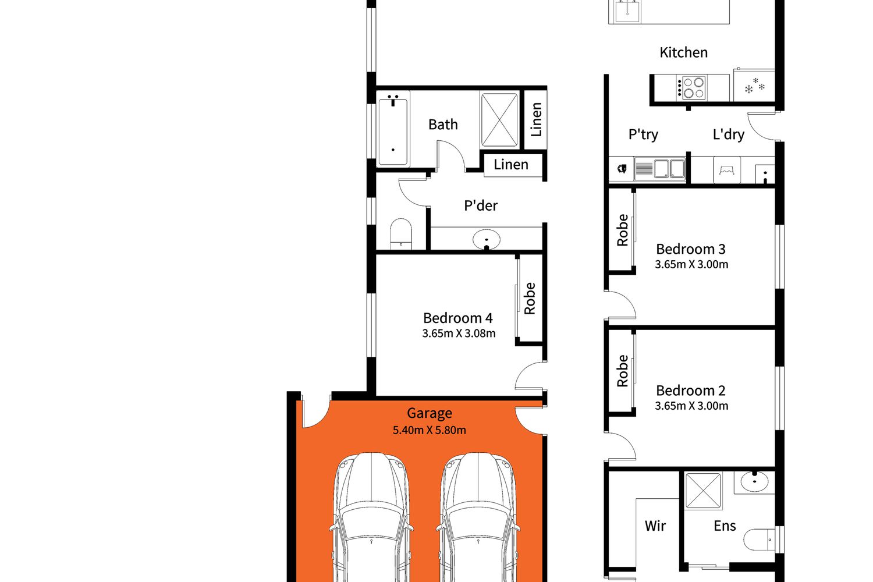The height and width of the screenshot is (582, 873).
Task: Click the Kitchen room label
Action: pos(683,52)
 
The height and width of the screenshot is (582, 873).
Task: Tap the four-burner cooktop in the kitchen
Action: pos(691,88)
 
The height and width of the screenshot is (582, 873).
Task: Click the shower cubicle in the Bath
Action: pos(499,120)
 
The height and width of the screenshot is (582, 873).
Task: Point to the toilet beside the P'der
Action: pos(400,234)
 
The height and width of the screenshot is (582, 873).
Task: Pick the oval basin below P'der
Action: pos(487,239)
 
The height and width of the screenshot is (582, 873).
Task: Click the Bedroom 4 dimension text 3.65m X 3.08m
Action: pos(459,333)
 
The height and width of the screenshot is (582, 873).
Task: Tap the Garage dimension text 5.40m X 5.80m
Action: pos(429,430)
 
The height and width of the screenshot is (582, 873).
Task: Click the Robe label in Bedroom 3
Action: pos(622,230)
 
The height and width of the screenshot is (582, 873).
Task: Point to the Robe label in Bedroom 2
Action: pos(622,371)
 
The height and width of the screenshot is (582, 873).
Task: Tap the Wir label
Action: pos(655,526)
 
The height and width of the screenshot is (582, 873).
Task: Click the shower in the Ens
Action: pos(703,491)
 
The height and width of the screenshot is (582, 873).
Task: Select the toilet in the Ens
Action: pos(759,540)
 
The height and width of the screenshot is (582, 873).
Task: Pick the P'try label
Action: pos(643,134)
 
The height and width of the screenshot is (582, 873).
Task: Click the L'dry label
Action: pos(729,134)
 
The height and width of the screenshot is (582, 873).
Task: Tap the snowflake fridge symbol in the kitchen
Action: pos(754,86)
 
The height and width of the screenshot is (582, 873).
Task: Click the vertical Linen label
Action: pos(537,119)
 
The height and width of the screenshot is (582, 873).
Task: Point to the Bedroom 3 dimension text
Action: pos(691,264)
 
